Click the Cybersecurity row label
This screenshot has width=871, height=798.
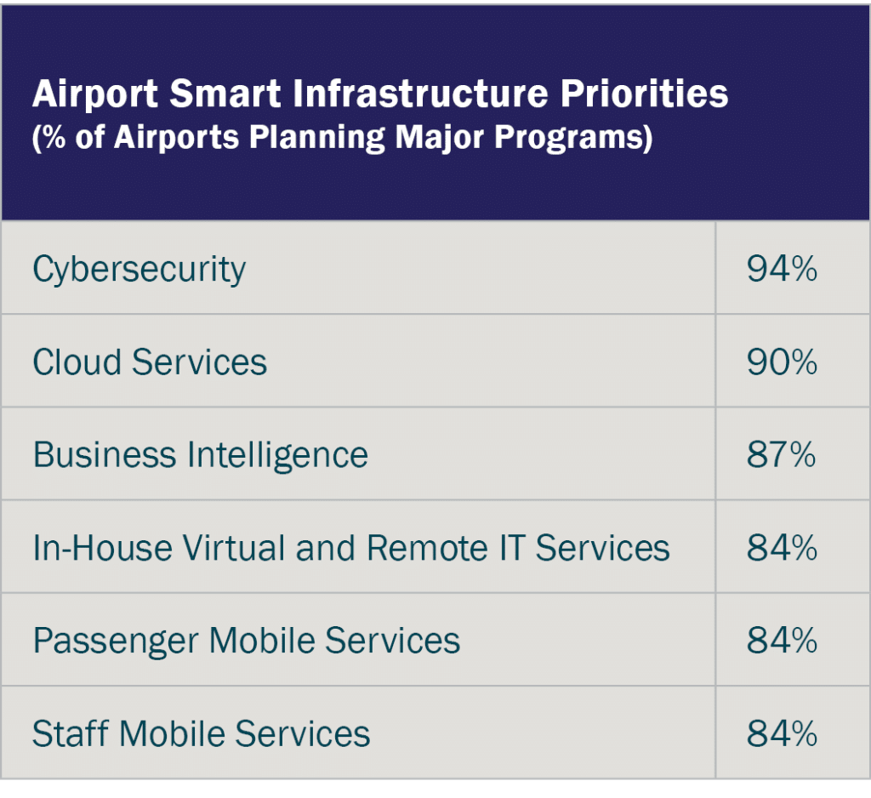[139, 270]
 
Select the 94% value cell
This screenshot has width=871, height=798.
[782, 270]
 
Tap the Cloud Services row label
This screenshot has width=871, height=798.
[150, 362]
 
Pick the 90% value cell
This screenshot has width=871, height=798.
[782, 362]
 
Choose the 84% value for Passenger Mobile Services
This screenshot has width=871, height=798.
[782, 641]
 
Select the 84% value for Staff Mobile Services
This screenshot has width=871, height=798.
[782, 733]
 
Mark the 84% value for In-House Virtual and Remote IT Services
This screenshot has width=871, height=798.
[782, 548]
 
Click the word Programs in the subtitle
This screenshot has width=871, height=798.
[578, 138]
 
